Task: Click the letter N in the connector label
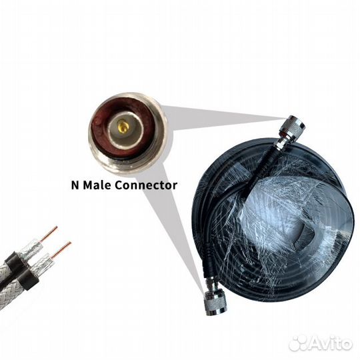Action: (75, 185)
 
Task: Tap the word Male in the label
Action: (101, 185)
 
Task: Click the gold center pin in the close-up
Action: (122, 125)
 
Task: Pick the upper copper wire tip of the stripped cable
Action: (49, 235)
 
